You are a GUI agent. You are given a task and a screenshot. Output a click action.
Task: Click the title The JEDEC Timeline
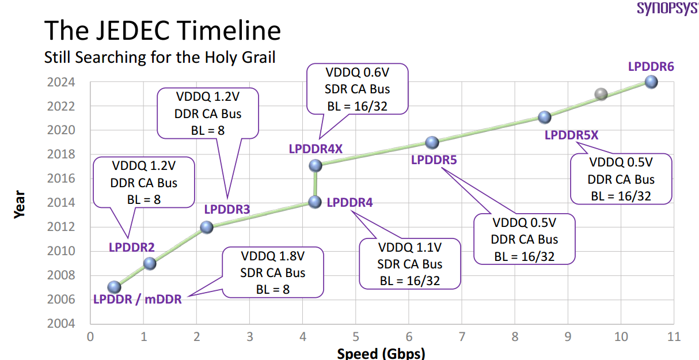click(x=163, y=31)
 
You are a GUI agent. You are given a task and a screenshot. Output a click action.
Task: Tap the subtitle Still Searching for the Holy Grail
click(x=160, y=57)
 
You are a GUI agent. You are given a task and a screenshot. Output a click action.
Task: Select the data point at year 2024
click(x=651, y=81)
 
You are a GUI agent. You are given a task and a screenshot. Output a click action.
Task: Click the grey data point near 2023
click(x=601, y=94)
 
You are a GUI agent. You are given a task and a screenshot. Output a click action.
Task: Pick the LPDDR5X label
click(x=572, y=135)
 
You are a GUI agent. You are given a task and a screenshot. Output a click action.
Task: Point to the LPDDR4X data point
click(x=315, y=165)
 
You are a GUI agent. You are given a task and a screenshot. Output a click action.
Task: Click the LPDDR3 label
click(x=227, y=210)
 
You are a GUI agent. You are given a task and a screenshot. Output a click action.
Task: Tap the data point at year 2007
click(x=114, y=287)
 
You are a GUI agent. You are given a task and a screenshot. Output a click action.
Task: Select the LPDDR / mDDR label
click(x=137, y=300)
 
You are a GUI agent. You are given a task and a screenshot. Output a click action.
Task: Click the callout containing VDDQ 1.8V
click(x=273, y=272)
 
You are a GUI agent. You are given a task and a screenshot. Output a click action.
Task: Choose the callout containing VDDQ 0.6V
click(x=358, y=89)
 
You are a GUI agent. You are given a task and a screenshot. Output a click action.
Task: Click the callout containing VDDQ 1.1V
click(x=410, y=264)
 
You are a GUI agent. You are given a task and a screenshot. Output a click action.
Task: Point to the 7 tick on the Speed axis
click(x=462, y=336)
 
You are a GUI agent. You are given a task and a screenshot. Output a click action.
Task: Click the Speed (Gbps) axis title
click(x=381, y=353)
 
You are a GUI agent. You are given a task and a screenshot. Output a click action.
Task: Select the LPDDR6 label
click(x=651, y=66)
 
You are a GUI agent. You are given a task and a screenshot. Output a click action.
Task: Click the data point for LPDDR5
click(x=432, y=142)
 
